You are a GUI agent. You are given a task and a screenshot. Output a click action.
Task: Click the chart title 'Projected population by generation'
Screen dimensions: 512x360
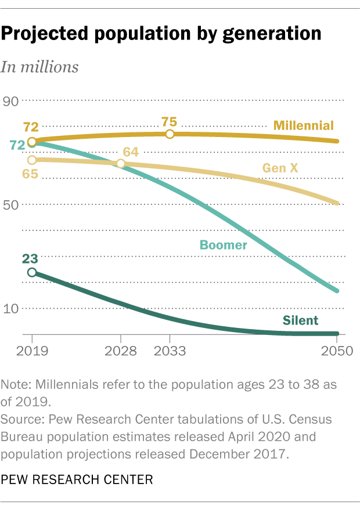pos(161,34)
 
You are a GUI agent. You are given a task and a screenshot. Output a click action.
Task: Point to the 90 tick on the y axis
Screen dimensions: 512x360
pos(12,102)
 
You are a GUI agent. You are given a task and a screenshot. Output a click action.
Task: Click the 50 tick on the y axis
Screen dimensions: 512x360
pos(12,205)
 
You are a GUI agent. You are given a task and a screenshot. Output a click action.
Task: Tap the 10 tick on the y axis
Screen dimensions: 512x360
pos(12,308)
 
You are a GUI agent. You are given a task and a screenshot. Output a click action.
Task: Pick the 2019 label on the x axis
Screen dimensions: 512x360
pos(31,351)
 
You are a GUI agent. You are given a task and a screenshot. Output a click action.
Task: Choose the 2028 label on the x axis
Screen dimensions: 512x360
pos(120,351)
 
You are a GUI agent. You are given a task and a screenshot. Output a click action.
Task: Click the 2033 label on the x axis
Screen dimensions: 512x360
pos(170,351)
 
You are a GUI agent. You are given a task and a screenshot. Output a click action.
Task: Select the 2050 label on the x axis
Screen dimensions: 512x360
pos(337,351)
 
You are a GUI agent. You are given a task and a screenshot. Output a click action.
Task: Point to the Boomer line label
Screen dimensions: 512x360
pos(224,244)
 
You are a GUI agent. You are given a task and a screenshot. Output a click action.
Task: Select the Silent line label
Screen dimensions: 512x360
pos(300,320)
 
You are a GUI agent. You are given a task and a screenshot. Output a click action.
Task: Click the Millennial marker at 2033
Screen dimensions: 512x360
pos(170,134)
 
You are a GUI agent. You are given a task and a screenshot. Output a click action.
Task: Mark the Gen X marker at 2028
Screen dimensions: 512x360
pos(120,164)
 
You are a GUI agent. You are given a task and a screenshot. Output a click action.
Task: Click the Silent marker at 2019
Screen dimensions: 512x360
pos(31,272)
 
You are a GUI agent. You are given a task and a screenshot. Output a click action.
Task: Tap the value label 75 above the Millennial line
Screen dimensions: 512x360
pos(169,122)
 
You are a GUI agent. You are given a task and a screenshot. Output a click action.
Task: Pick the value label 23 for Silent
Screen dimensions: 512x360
pos(31,259)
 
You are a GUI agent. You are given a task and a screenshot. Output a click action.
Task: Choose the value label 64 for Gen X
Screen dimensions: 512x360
pos(131,152)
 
